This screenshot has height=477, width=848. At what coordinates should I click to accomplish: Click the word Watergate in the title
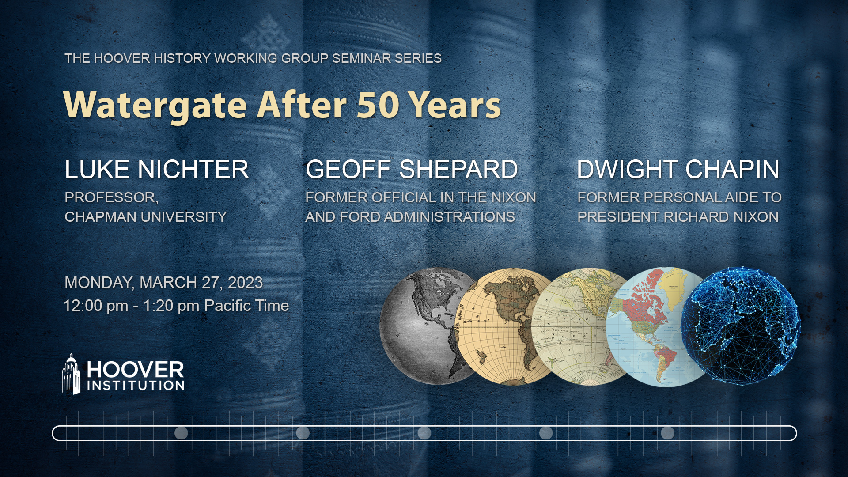(155, 105)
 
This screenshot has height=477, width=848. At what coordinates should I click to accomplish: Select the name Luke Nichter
(157, 170)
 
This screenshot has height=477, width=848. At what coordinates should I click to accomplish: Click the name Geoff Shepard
(412, 170)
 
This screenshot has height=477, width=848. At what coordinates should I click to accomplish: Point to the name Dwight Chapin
(678, 170)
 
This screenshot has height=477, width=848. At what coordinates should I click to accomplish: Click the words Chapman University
(146, 217)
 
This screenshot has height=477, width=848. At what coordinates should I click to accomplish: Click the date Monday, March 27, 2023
(164, 283)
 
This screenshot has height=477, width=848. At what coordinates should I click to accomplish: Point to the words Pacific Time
(246, 306)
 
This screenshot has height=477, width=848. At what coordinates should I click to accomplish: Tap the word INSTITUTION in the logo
(136, 386)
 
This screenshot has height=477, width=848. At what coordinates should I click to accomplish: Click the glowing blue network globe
(741, 326)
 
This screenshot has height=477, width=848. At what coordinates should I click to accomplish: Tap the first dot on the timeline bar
(181, 433)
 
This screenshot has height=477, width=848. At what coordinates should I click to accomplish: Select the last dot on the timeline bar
(667, 433)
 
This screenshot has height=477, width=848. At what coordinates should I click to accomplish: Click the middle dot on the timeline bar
(424, 433)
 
